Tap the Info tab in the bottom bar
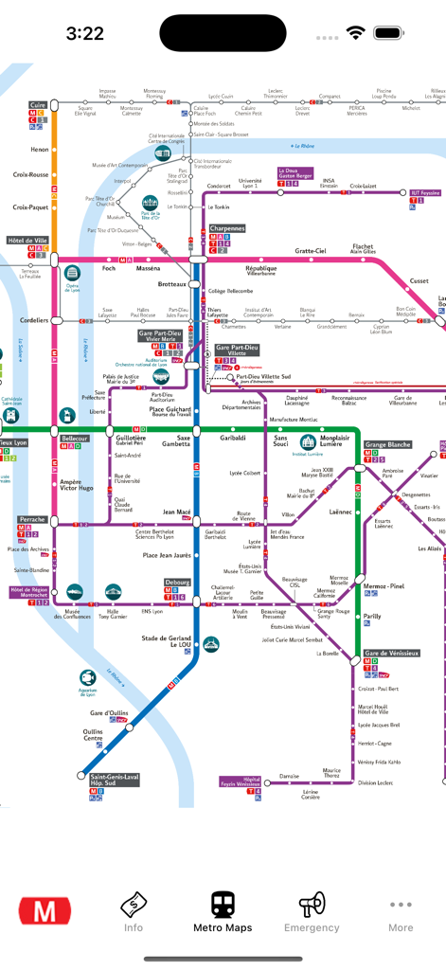[134, 911]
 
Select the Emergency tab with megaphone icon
[312, 911]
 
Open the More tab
[401, 911]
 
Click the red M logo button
[45, 911]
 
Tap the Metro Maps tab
[223, 911]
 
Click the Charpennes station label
[226, 228]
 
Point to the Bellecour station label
[75, 439]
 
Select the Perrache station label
[31, 520]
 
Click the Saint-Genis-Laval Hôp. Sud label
[115, 780]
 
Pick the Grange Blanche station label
[388, 444]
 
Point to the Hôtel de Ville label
[27, 241]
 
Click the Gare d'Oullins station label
[109, 712]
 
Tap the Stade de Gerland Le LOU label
[167, 642]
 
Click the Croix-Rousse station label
[30, 174]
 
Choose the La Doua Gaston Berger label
[294, 173]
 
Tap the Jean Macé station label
[176, 512]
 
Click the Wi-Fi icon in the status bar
[356, 32]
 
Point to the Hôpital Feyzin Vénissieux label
[241, 782]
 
